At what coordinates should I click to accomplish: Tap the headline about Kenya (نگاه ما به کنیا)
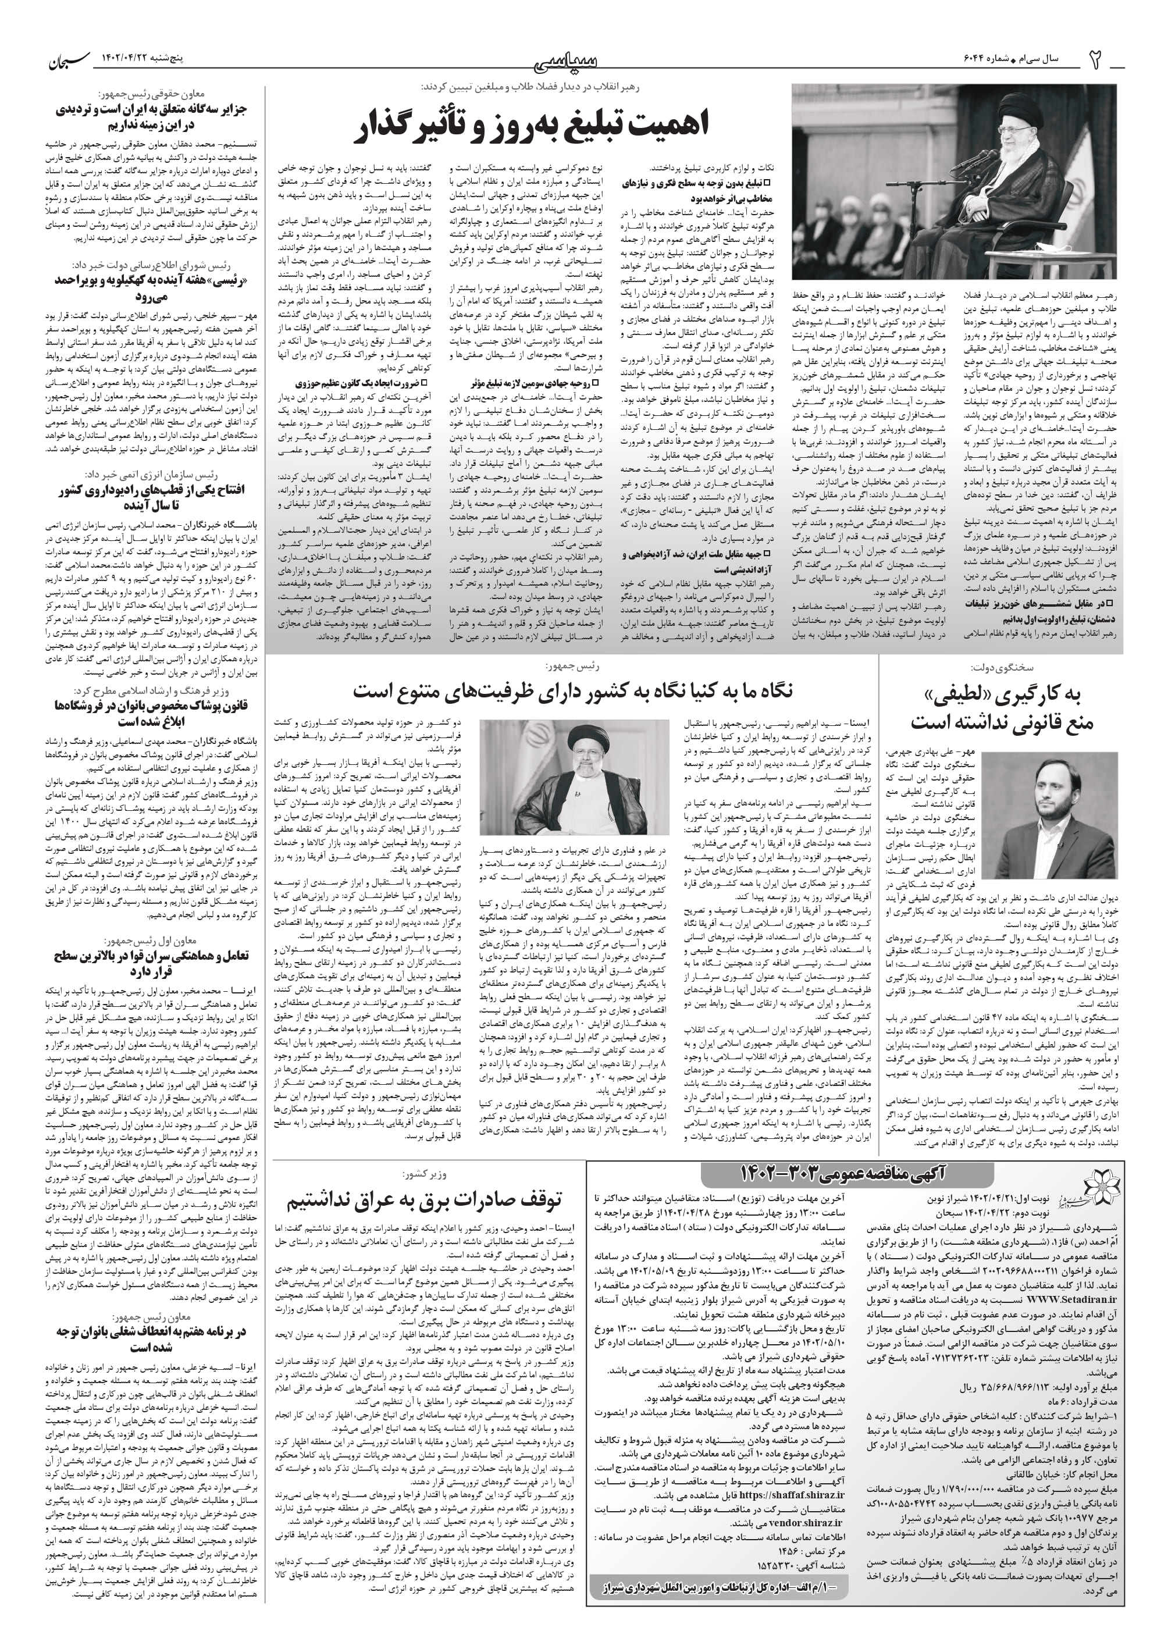573,691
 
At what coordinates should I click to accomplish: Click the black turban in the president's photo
583,734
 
